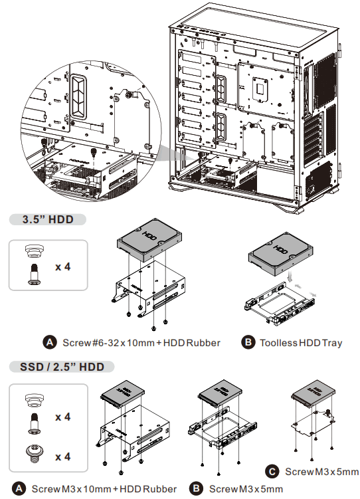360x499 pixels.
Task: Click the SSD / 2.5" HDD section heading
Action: tap(56, 366)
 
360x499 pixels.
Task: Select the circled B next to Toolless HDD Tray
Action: tap(248, 343)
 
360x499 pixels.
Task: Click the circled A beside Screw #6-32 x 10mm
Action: tap(50, 343)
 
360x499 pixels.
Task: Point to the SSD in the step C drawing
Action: tap(312, 395)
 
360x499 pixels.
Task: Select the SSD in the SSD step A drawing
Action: tap(122, 395)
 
